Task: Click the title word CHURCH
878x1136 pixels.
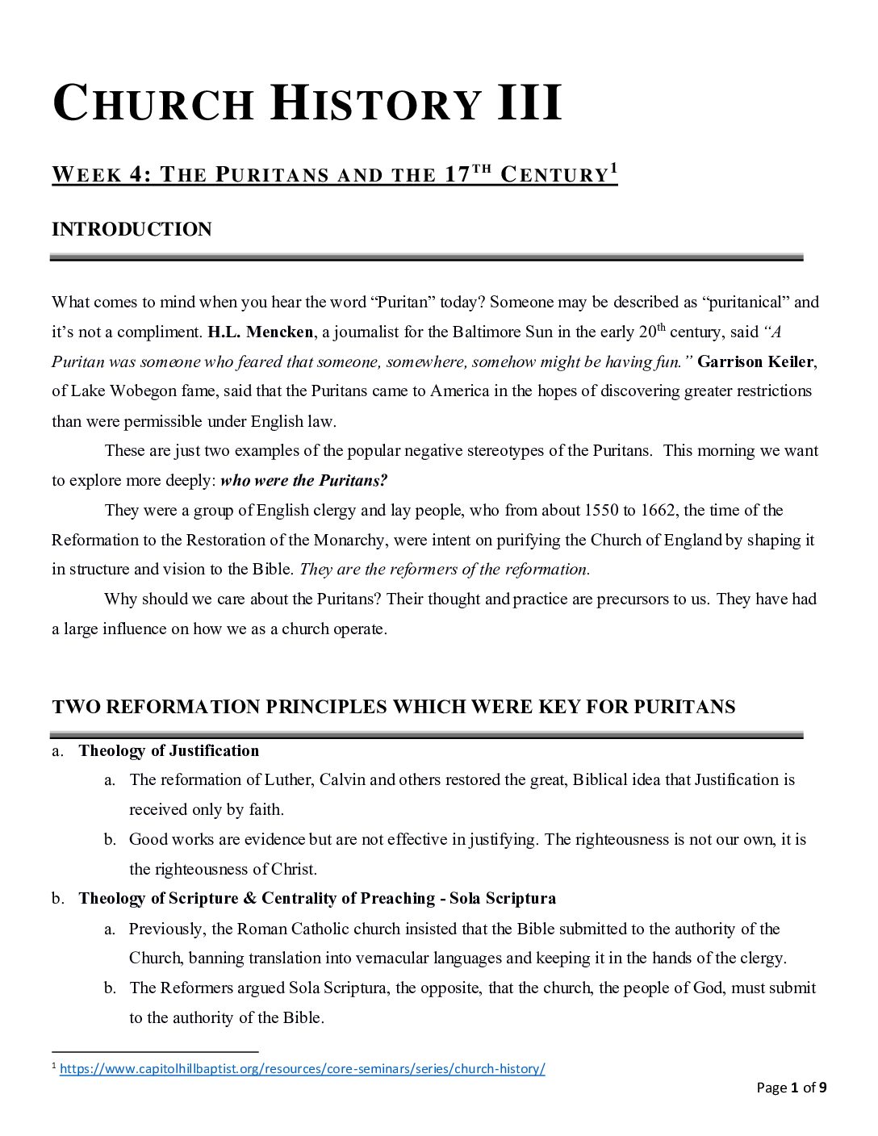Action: coord(153,105)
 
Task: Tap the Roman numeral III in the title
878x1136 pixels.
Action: coord(528,105)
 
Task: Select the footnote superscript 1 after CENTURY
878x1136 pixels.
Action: coord(613,169)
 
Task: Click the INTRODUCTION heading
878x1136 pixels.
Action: coord(132,229)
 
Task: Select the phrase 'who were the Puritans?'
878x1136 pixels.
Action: coord(303,481)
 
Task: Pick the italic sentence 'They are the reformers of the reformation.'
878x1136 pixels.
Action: coord(445,570)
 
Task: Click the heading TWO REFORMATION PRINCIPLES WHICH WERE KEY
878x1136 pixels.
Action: coord(393,707)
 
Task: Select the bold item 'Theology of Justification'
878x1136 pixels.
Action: coord(169,751)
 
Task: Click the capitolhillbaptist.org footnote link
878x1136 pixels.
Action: coord(303,1069)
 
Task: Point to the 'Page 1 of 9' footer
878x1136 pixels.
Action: coord(791,1088)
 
